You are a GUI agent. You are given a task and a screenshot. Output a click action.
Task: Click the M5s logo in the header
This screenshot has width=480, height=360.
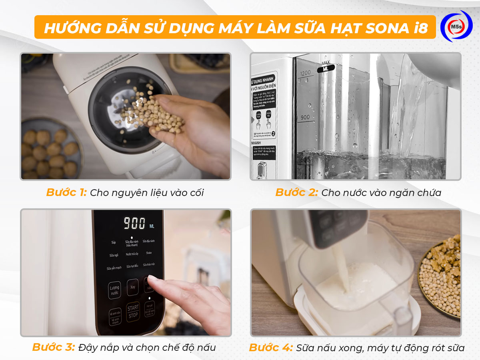pos(456,26)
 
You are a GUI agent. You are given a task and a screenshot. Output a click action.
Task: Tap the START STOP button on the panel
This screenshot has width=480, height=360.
pos(133,312)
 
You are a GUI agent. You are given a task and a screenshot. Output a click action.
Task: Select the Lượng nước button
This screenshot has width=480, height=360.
pos(114,290)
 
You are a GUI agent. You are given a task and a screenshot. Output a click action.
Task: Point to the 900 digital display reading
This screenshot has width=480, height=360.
pos(134,223)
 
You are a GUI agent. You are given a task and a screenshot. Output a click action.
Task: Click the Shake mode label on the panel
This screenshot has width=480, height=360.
pos(149,253)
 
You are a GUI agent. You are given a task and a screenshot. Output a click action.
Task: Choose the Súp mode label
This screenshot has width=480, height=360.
pos(114,242)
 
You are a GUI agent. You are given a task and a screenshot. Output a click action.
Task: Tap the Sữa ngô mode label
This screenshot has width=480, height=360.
pos(114,255)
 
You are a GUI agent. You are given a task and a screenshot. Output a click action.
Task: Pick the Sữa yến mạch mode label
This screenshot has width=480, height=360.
pos(114,268)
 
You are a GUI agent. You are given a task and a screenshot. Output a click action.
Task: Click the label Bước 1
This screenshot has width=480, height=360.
pos(66,192)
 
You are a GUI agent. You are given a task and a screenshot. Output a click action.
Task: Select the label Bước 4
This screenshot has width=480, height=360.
pos(271,348)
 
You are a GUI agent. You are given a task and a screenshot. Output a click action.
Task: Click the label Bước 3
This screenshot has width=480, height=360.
pos(54,348)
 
